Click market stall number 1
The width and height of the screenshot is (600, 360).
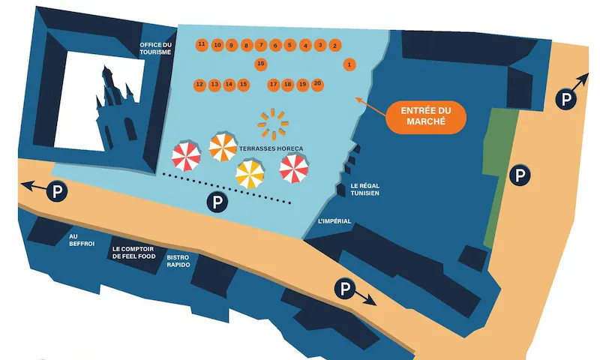pos(349,64)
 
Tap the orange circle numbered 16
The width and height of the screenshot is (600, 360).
pos(260,64)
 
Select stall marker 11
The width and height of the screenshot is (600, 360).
pos(202,45)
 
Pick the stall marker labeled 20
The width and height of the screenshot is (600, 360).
pos(317,85)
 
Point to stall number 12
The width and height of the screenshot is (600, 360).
pos(199,85)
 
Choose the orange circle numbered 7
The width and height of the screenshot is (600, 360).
pos(260,46)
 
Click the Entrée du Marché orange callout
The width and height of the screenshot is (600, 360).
pos(426,117)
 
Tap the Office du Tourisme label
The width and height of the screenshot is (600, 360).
pos(155,49)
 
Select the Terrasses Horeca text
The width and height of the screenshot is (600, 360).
pos(271,148)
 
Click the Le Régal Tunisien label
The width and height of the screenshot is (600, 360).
pos(364,190)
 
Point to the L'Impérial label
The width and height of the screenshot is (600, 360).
pos(334,221)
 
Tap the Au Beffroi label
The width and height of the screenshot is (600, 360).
pos(82,240)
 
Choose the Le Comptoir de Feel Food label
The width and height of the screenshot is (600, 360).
pos(133,253)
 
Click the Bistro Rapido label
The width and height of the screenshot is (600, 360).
pos(178,261)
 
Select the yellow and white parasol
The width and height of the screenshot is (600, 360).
pos(250,175)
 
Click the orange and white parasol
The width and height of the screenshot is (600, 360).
pos(223,147)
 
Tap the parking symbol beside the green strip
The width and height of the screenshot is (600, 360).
pos(520,175)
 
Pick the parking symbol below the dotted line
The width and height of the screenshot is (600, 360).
pos(217,202)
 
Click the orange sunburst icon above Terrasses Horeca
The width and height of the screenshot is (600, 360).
pos(273,124)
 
